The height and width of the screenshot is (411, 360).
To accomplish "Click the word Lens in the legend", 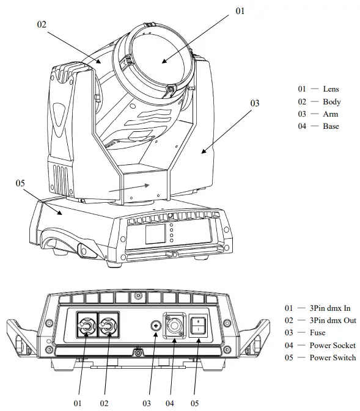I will (331, 89).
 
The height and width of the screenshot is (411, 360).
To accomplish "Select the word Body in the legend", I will (331, 102).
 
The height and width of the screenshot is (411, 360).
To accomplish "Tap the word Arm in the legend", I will (330, 114).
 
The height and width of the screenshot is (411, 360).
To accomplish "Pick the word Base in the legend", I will (331, 126).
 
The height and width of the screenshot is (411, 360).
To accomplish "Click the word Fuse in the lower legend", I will (317, 333).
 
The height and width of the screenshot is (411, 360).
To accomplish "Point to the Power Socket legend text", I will (332, 345).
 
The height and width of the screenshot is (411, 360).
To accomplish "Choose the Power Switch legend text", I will (332, 357).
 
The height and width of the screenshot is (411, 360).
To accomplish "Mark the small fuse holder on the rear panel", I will (156, 328).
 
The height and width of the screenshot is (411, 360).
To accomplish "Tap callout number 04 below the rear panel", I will (170, 403).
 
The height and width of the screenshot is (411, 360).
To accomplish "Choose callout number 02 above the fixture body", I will (42, 24).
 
